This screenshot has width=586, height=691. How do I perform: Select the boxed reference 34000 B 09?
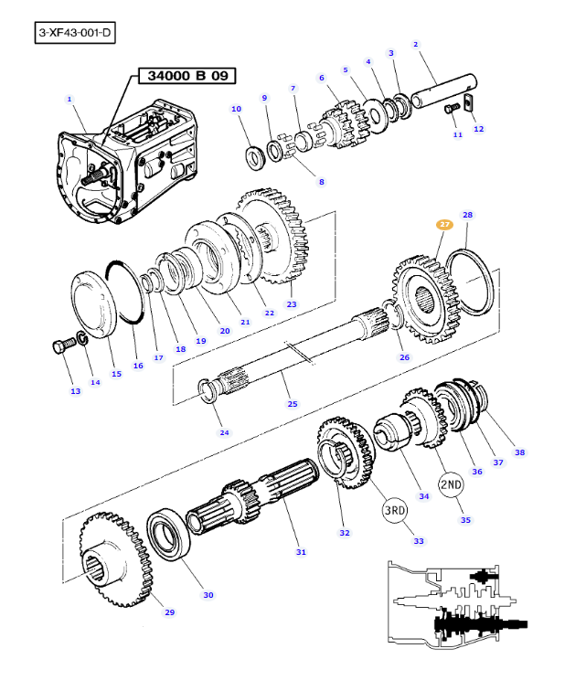tap(183, 76)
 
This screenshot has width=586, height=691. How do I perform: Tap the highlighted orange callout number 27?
tap(444, 224)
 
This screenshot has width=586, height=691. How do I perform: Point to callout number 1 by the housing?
tap(69, 99)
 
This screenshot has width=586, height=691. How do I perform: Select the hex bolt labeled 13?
tap(62, 348)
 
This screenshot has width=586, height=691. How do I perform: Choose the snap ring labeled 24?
tap(208, 388)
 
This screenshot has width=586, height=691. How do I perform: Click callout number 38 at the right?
tap(520, 452)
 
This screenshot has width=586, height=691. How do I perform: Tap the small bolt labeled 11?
tap(450, 110)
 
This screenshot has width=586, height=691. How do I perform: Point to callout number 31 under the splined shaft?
tap(301, 552)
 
